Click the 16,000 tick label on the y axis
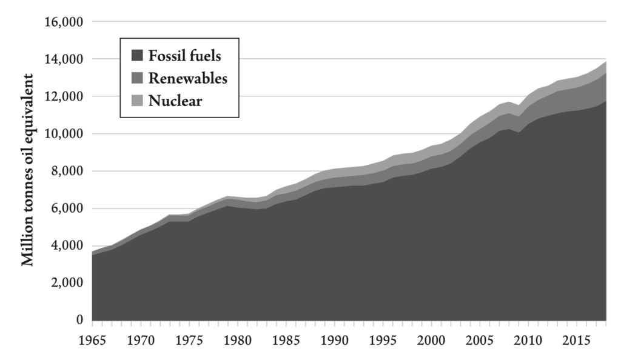[x=64, y=22]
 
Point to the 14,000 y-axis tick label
[x=64, y=59]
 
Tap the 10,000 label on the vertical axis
[x=64, y=134]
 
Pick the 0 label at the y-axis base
[x=79, y=320]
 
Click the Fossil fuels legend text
[x=184, y=56]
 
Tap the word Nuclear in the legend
[x=175, y=100]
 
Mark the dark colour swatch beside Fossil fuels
[x=136, y=56]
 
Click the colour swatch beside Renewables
[x=136, y=78]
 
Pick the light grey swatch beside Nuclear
[x=136, y=100]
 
